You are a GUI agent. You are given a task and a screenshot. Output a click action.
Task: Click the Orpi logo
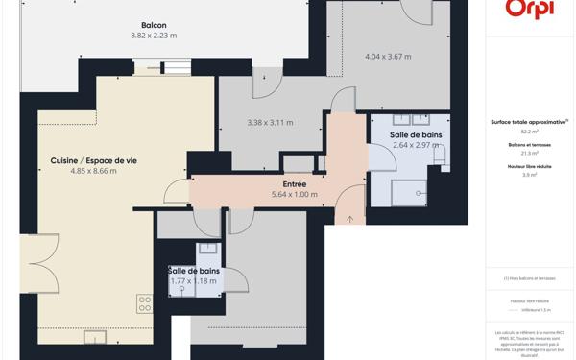(529, 9)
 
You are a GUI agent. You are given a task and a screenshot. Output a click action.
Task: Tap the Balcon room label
(154, 25)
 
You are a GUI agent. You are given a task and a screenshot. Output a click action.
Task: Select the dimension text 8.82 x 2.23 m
(154, 36)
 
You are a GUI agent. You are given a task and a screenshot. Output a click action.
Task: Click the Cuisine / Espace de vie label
(93, 160)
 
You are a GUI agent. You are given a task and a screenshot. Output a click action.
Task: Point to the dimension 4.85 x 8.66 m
(93, 171)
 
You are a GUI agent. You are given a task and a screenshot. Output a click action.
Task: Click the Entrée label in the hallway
(294, 183)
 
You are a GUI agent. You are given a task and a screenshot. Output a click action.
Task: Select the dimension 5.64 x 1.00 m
(294, 194)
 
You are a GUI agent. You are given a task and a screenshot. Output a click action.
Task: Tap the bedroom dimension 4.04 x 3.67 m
(388, 57)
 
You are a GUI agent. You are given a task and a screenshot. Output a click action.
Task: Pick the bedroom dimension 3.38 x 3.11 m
(270, 123)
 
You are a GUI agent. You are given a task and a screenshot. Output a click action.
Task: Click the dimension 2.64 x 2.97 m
(417, 146)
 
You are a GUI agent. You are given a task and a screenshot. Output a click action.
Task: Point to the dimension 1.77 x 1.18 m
(194, 281)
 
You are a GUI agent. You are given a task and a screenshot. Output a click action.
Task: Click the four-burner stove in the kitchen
(145, 304)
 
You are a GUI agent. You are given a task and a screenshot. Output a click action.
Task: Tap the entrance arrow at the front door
(350, 219)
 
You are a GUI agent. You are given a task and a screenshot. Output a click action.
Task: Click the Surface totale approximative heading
(529, 122)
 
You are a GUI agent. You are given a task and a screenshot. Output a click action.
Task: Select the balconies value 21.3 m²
(529, 153)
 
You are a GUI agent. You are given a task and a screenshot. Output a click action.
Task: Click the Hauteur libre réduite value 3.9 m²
(529, 175)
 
